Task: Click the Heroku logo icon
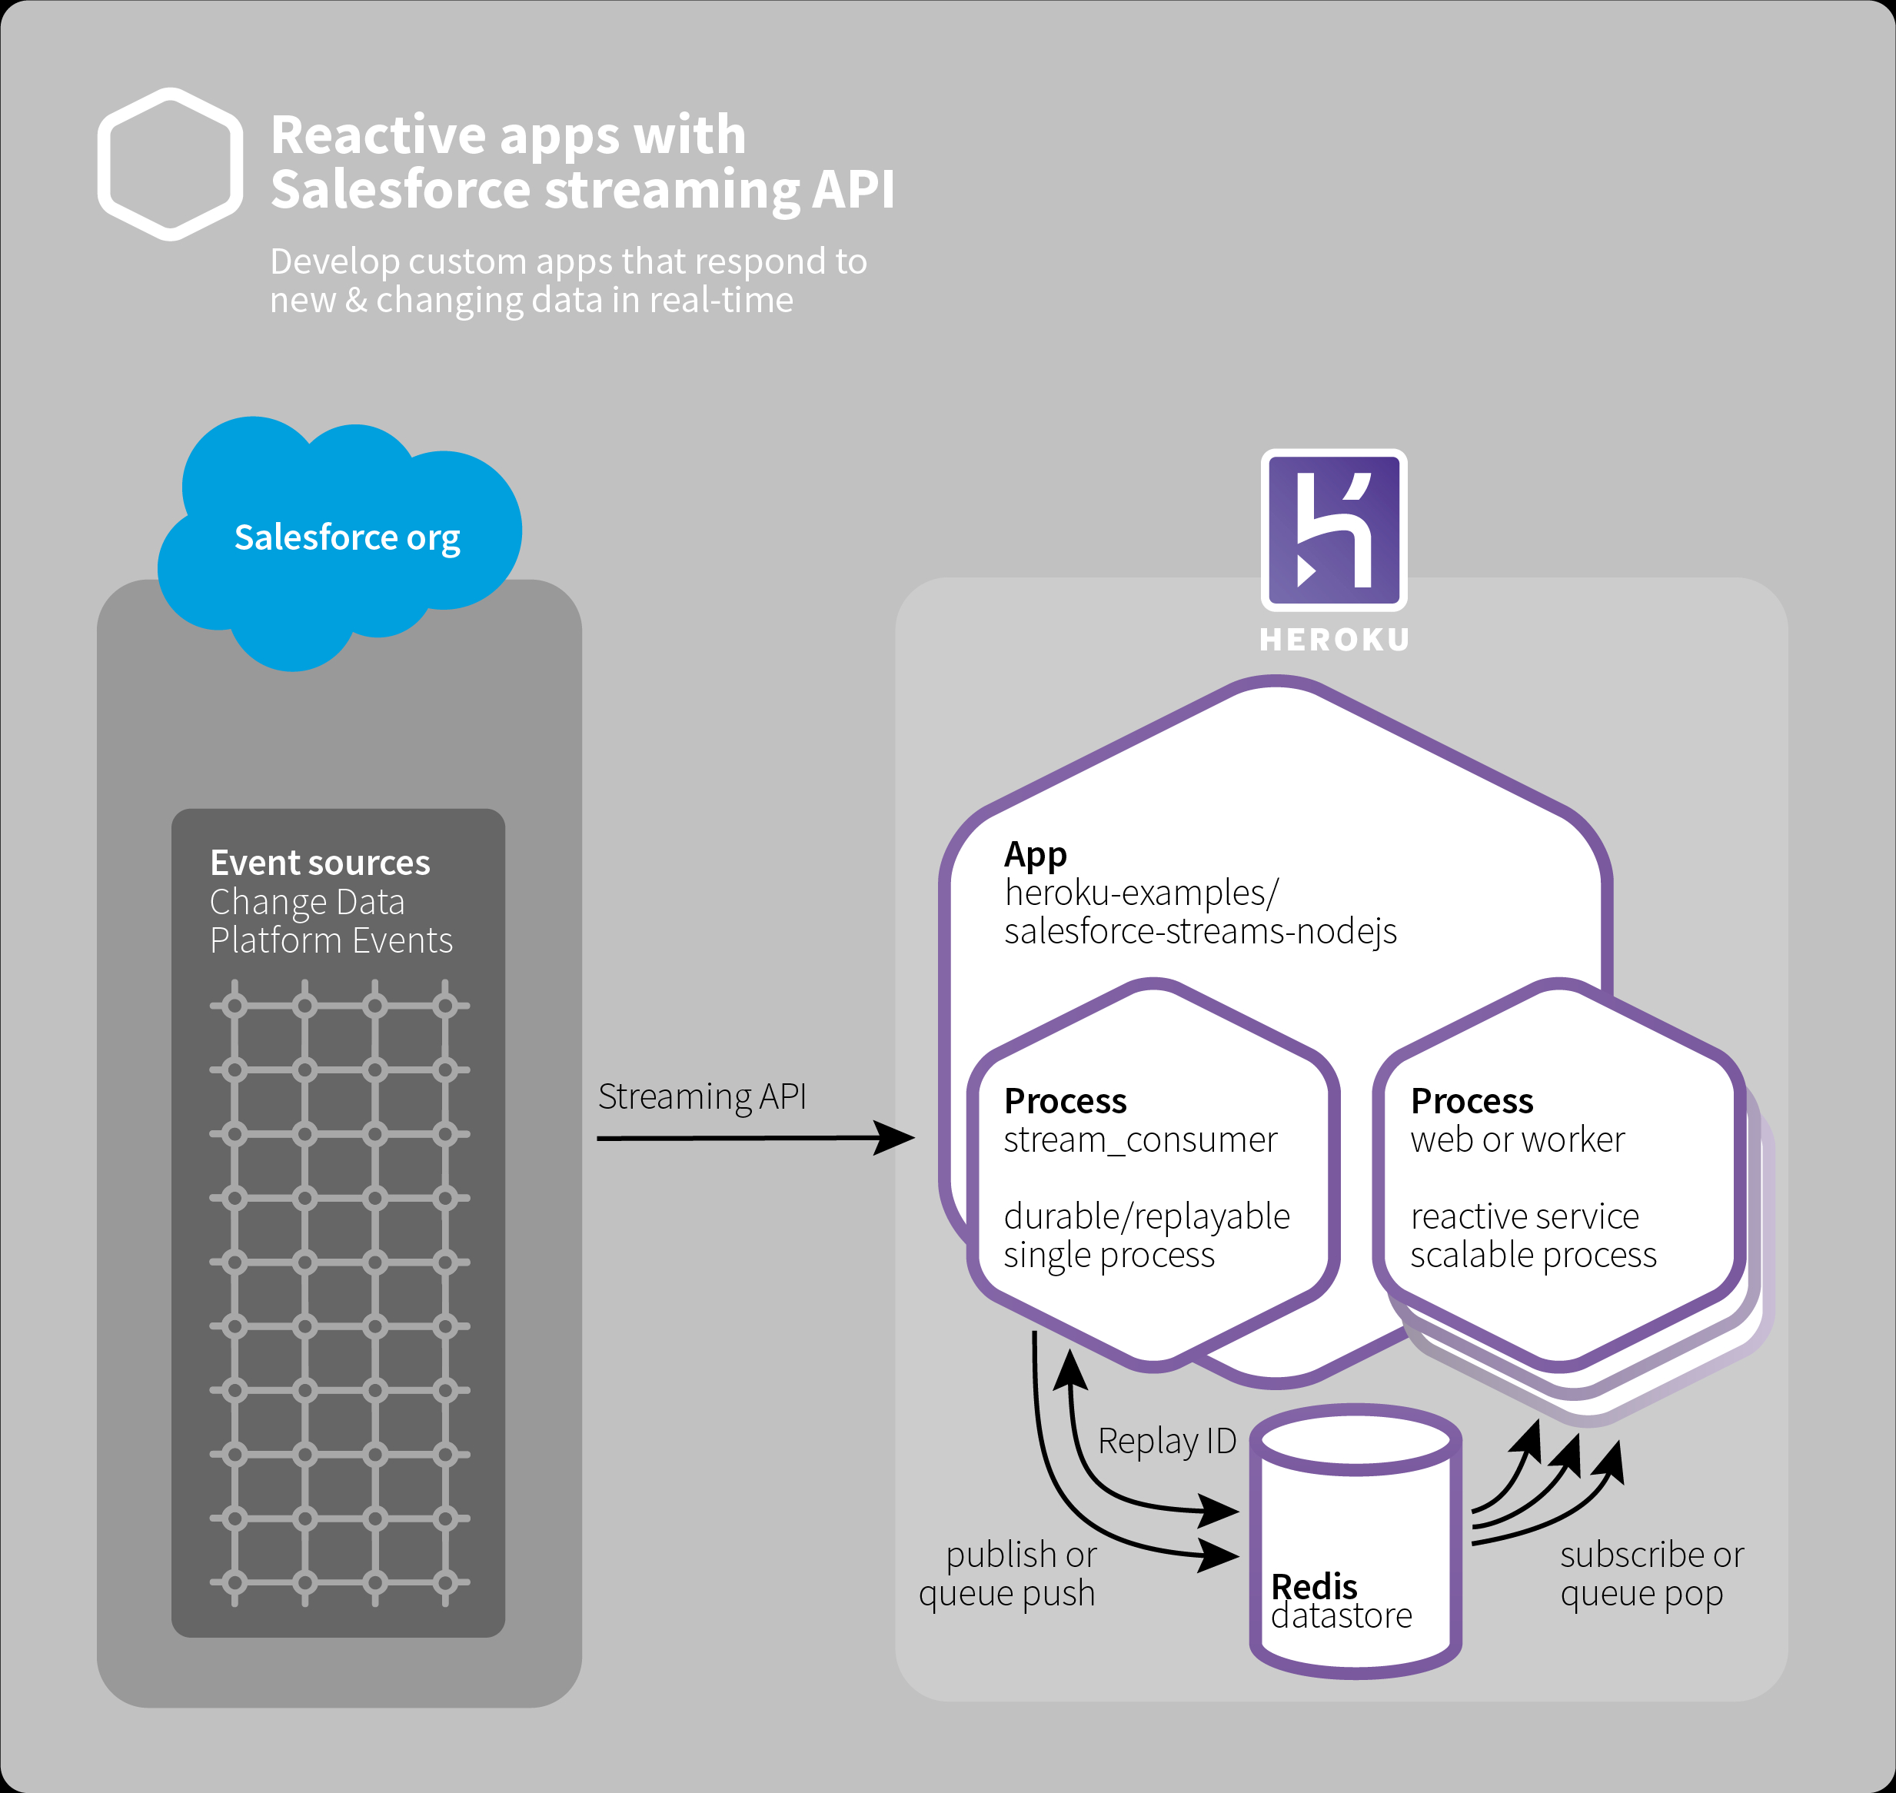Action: pos(1334,530)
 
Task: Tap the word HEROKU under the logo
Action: pos(1334,640)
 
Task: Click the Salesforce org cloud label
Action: pos(347,537)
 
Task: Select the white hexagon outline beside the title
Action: pos(170,165)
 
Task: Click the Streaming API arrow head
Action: pos(896,1137)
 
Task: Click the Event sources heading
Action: pos(320,863)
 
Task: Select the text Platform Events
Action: pos(331,940)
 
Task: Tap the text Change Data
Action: pos(307,902)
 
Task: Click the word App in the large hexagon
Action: pos(1035,854)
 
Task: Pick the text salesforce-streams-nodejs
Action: pos(1200,931)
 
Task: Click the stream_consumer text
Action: pos(1140,1140)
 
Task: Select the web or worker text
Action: pos(1518,1140)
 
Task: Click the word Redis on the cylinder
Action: pos(1314,1586)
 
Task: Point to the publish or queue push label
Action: pos(1008,1574)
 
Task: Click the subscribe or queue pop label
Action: pos(1652,1574)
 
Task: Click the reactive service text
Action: pos(1524,1216)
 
